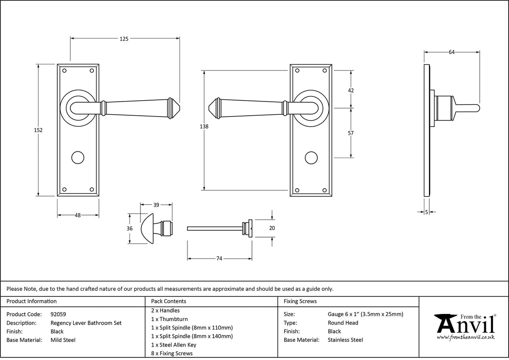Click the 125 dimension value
(x=124, y=39)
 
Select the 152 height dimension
(x=38, y=130)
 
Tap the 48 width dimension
(x=78, y=215)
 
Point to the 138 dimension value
(x=204, y=126)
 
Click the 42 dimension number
(x=351, y=91)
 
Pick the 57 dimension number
(x=351, y=133)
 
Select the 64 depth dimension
(x=452, y=52)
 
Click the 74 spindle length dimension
(x=219, y=259)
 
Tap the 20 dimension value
(x=272, y=228)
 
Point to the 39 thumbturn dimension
(x=156, y=205)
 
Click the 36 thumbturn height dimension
(x=130, y=228)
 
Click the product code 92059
(x=58, y=314)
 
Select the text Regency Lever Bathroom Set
(x=86, y=323)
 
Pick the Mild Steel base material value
(x=63, y=340)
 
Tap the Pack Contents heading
(x=169, y=301)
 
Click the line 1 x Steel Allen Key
(x=174, y=344)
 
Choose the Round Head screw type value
(x=343, y=323)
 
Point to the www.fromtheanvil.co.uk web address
(x=465, y=337)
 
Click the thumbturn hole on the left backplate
(x=78, y=158)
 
